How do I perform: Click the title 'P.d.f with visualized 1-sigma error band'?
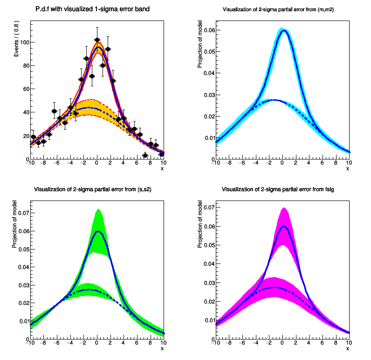pos(92,9)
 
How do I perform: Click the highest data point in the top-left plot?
pos(97,40)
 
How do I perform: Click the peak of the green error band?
pos(98,210)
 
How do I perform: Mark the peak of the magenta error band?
pos(283,208)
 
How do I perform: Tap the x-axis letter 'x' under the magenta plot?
pos(347,349)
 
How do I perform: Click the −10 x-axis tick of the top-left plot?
pos(31,163)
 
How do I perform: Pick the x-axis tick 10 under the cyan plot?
pos(349,163)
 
